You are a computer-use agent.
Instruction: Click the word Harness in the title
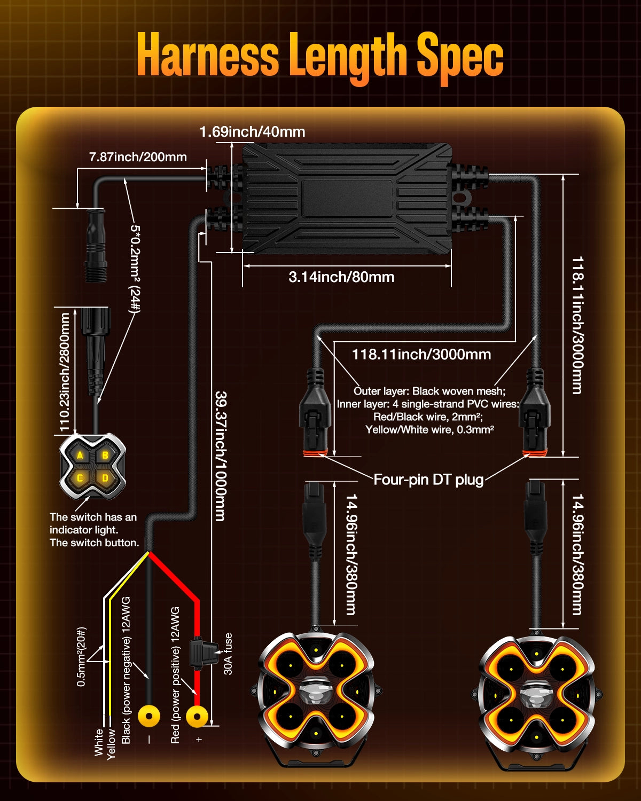click(x=208, y=56)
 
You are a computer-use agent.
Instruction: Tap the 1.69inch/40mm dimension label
click(x=252, y=131)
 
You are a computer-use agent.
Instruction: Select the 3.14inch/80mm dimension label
click(x=341, y=277)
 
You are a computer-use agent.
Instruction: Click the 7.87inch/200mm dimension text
click(x=138, y=157)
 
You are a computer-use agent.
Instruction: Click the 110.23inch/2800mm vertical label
click(x=65, y=372)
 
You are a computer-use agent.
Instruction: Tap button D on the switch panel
click(x=105, y=478)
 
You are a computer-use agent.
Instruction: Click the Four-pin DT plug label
click(x=428, y=480)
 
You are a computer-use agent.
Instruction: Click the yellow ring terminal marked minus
click(x=149, y=716)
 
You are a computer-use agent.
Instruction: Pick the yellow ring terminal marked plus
click(x=197, y=716)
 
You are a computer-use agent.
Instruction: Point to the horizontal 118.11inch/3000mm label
click(x=421, y=354)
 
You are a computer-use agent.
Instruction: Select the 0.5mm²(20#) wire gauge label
click(x=81, y=656)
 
